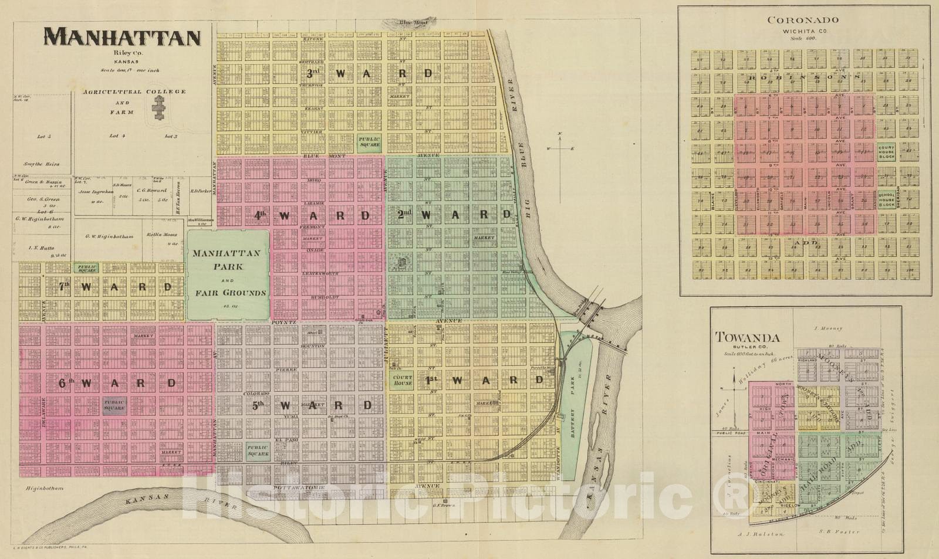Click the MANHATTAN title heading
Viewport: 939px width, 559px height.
tap(123, 38)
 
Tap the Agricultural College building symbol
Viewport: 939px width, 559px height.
tap(158, 108)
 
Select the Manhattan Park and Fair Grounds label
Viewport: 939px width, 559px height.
tap(228, 273)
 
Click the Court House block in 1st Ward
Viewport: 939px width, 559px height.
tap(403, 380)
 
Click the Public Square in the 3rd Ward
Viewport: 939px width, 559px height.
tap(369, 141)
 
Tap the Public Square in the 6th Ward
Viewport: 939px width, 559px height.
tap(114, 405)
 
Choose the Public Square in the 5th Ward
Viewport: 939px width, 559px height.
tap(258, 450)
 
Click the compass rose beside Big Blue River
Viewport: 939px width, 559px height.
tap(560, 148)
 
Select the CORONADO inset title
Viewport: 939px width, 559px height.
tap(803, 20)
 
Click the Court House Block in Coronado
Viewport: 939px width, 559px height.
tap(886, 152)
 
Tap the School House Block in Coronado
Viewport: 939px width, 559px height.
tap(886, 199)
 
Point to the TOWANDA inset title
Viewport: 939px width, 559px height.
tap(747, 337)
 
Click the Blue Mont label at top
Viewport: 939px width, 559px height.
tap(413, 23)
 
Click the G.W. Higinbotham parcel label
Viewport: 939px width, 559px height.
tap(109, 236)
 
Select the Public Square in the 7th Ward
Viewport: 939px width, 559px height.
tap(87, 268)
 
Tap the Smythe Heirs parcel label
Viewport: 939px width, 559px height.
tap(41, 164)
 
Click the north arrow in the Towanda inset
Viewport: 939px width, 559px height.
tap(734, 381)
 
